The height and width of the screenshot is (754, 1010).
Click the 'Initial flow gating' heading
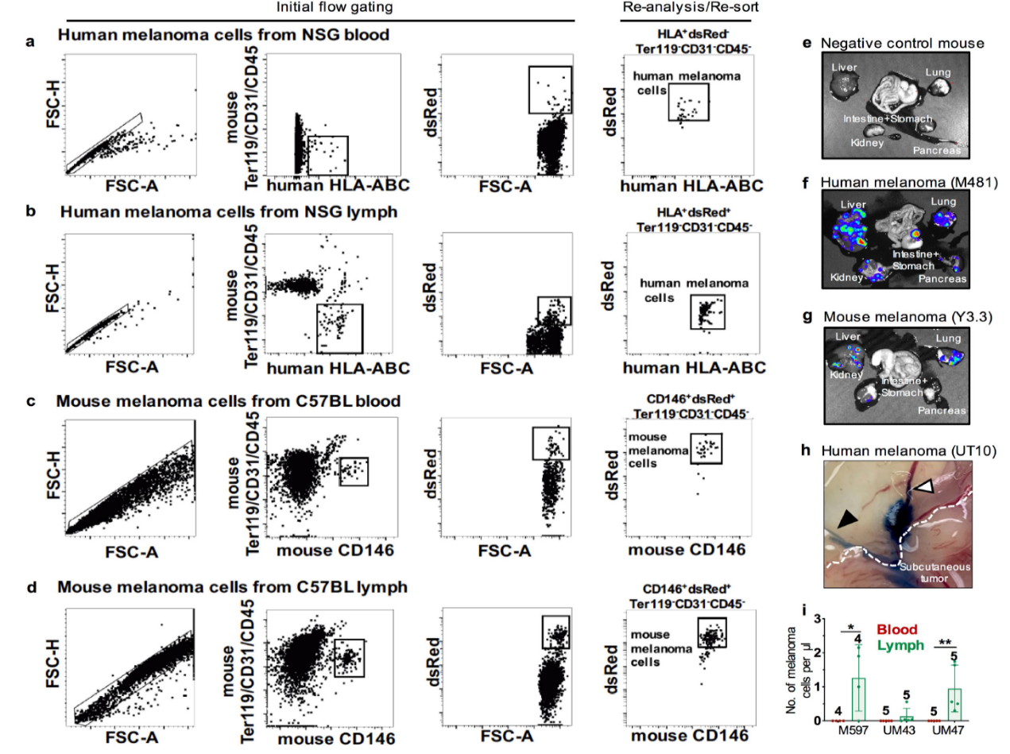[x=323, y=7]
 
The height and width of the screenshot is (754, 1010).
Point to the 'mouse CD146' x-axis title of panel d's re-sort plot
[x=688, y=737]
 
